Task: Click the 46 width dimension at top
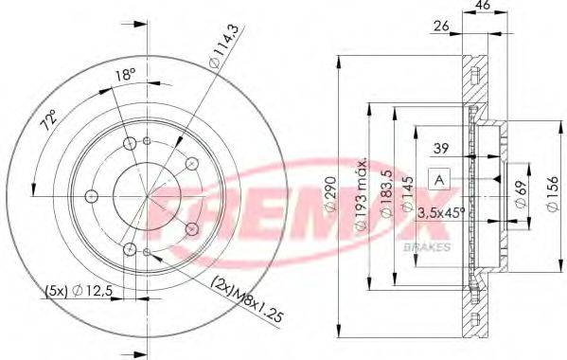coord(482,7)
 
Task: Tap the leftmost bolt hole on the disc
coord(91,196)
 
